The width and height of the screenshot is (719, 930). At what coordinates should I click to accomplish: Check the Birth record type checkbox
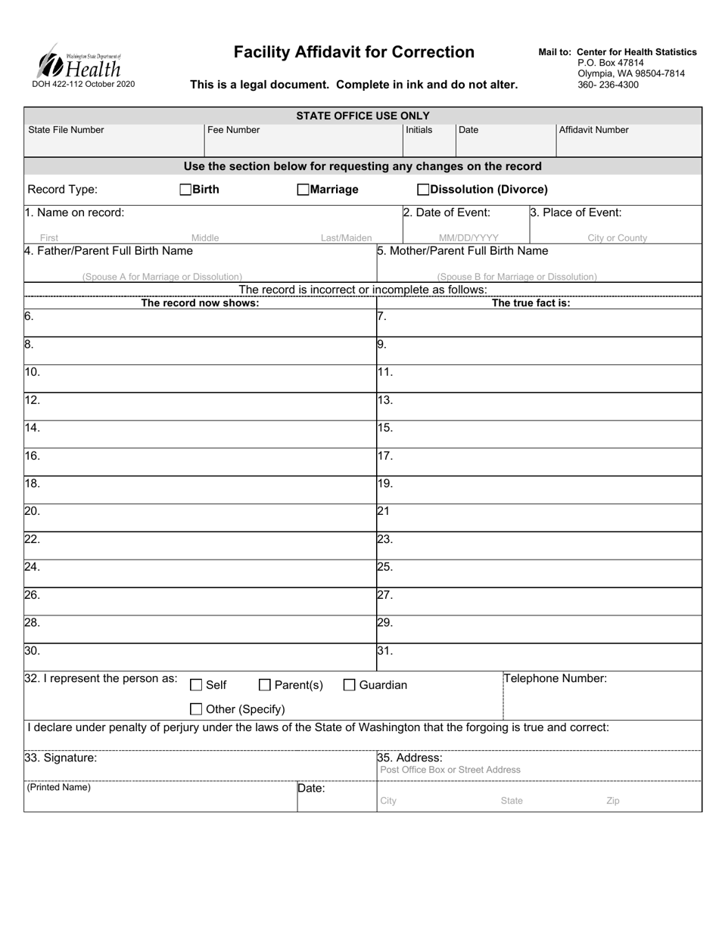click(185, 190)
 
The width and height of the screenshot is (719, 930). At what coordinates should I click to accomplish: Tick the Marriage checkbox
click(303, 190)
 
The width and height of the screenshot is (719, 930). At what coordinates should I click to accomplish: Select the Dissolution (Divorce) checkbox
click(423, 190)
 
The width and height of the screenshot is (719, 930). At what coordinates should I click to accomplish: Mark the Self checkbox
click(196, 685)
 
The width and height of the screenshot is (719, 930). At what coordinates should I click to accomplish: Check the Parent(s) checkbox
click(265, 685)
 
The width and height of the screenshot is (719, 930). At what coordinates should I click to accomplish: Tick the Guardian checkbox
click(350, 685)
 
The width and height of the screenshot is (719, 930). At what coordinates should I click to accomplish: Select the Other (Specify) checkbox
click(196, 709)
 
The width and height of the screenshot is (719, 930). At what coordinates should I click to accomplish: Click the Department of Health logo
click(79, 61)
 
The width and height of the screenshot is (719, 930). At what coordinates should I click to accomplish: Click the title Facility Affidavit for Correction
click(353, 52)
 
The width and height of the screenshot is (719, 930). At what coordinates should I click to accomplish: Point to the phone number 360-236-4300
click(608, 85)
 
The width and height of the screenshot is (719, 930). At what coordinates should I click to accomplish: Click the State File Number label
click(66, 130)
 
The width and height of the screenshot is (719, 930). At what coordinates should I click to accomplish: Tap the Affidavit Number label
click(593, 130)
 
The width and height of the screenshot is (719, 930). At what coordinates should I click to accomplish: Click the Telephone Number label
click(556, 678)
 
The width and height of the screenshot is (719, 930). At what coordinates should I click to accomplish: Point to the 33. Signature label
click(61, 757)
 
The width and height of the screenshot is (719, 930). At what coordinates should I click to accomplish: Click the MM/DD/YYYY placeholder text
click(468, 237)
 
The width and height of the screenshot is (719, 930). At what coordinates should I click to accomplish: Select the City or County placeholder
click(617, 237)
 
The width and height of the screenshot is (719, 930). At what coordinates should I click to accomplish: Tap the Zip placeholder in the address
click(612, 801)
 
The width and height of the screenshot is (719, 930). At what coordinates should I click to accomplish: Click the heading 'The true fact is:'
click(531, 303)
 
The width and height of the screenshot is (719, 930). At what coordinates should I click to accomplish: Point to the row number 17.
click(384, 456)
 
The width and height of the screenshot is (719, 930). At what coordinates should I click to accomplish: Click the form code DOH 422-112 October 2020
click(83, 84)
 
